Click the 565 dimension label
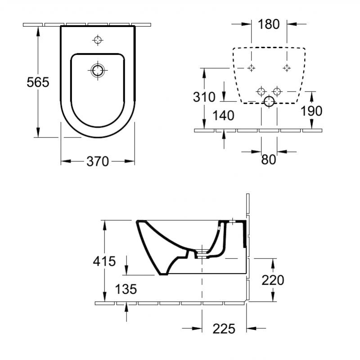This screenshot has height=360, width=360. click(38, 82)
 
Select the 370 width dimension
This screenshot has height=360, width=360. click(98, 161)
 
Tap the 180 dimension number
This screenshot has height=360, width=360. click(269, 24)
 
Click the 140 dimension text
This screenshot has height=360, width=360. click(224, 116)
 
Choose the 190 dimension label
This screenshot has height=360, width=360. click(311, 111)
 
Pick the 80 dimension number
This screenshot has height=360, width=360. click(268, 159)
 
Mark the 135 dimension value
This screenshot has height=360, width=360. click(126, 289)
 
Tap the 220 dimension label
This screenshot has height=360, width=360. click(273, 280)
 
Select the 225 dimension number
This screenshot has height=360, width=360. click(224, 329)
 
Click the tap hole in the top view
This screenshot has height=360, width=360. click(98, 41)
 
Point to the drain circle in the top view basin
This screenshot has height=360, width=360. click(98, 70)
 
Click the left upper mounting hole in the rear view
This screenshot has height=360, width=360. click(252, 68)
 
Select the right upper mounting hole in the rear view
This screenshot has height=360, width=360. click(286, 68)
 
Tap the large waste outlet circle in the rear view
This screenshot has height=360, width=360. click(269, 101)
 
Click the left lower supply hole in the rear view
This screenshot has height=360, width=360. click(261, 92)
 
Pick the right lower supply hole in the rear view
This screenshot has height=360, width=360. click(277, 92)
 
